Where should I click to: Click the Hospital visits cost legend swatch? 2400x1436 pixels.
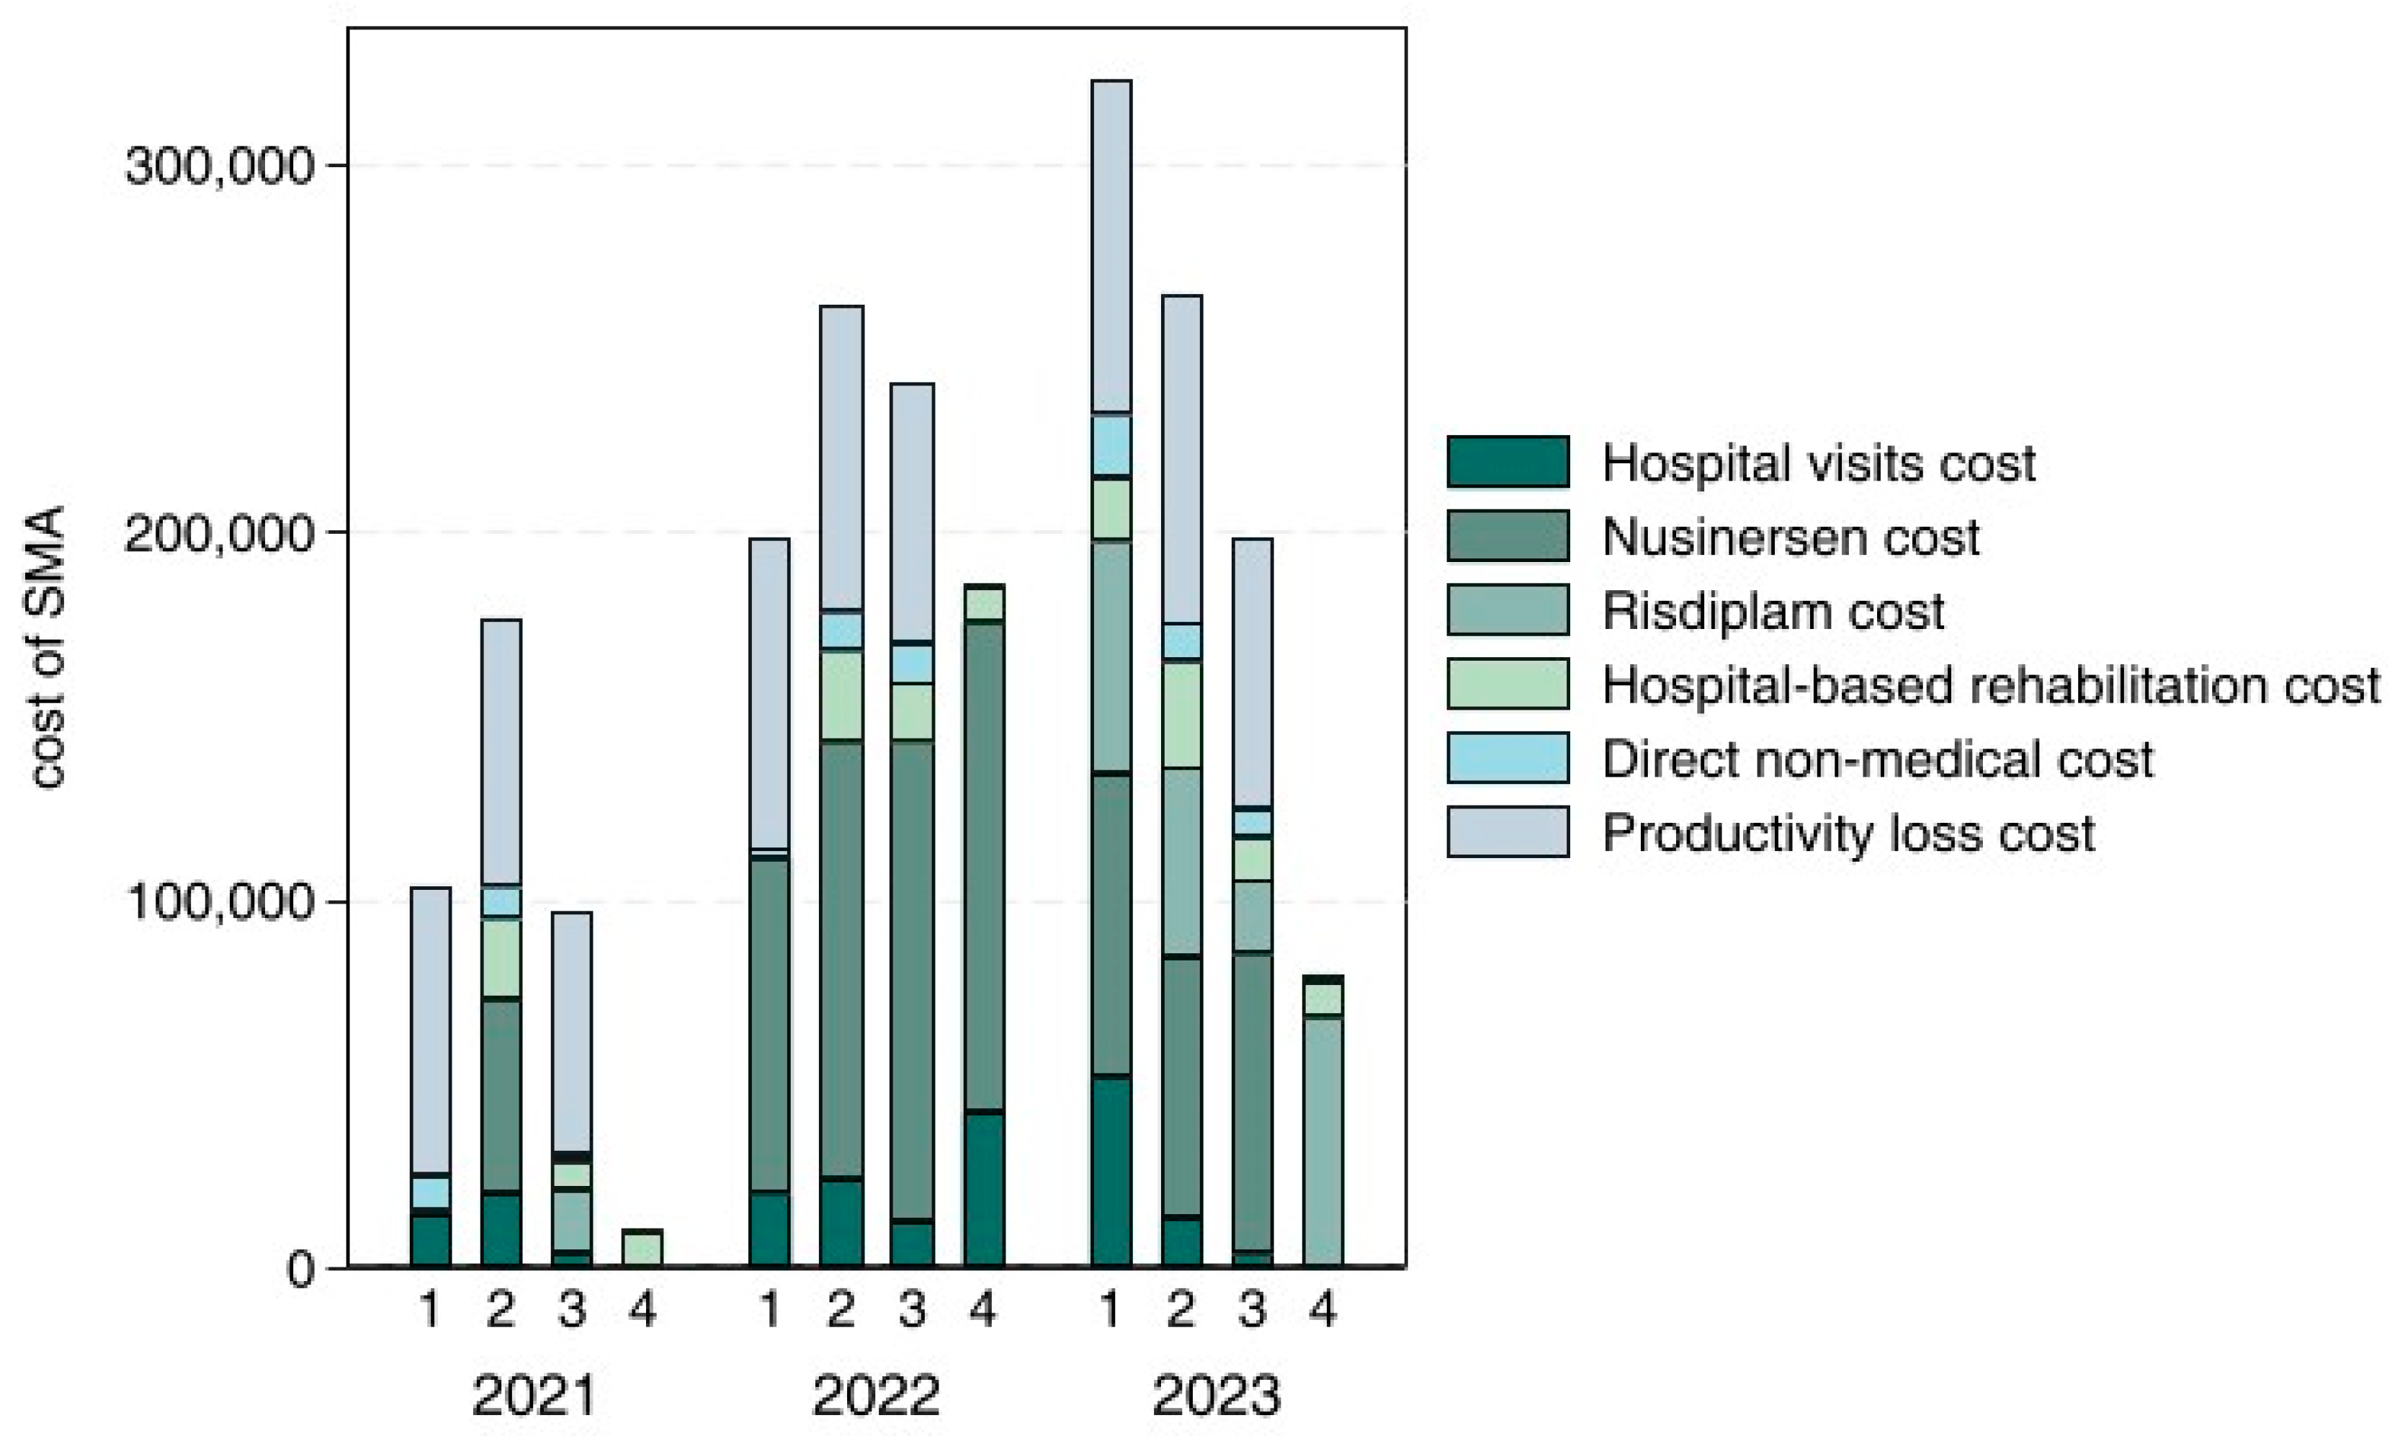(x=1507, y=462)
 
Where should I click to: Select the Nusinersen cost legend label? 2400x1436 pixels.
(x=1791, y=537)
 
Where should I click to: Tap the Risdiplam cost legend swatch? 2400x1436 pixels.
(x=1507, y=610)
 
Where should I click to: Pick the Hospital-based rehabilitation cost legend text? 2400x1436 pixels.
(x=1991, y=685)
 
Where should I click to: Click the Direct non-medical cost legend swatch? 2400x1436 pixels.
(x=1507, y=758)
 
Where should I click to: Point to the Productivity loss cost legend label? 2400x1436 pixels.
(x=1848, y=833)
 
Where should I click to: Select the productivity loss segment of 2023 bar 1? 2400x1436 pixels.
(x=1111, y=246)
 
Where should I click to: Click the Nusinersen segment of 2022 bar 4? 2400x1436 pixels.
(x=984, y=866)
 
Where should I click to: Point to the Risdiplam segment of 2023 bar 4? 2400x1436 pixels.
(x=1322, y=1142)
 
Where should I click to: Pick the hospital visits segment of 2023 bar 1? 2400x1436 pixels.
(x=1111, y=1171)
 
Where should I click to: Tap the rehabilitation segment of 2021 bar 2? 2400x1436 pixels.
(x=501, y=958)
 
